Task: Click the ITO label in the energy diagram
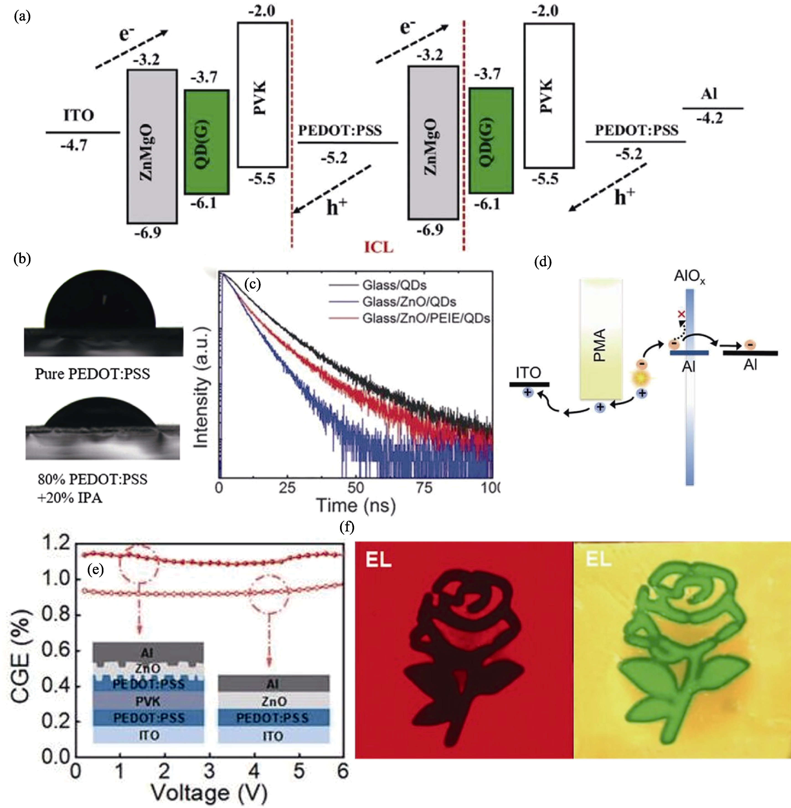tap(79, 115)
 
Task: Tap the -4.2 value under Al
tap(710, 119)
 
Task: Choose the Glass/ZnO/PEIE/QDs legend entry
tap(409, 318)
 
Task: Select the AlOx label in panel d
tap(689, 276)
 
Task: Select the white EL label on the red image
tap(379, 561)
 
